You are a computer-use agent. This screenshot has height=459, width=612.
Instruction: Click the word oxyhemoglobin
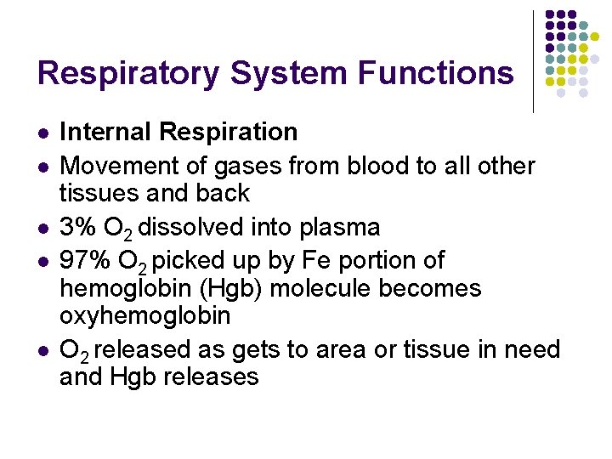144,315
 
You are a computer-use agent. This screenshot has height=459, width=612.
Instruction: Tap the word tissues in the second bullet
99,193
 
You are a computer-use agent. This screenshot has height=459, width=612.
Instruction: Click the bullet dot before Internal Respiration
42,133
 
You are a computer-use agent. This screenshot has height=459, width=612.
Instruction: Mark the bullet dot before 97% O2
42,262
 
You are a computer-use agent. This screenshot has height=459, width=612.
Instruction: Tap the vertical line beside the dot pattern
533,61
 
